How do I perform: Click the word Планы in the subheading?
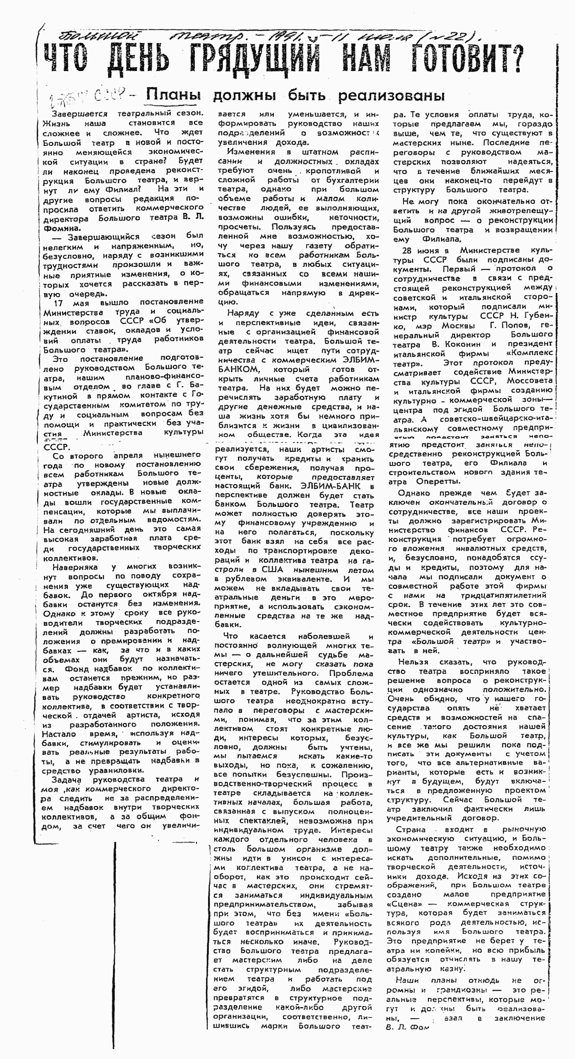point(174,95)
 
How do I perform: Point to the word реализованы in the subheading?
point(391,96)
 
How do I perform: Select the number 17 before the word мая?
point(58,303)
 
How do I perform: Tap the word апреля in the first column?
point(128,455)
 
